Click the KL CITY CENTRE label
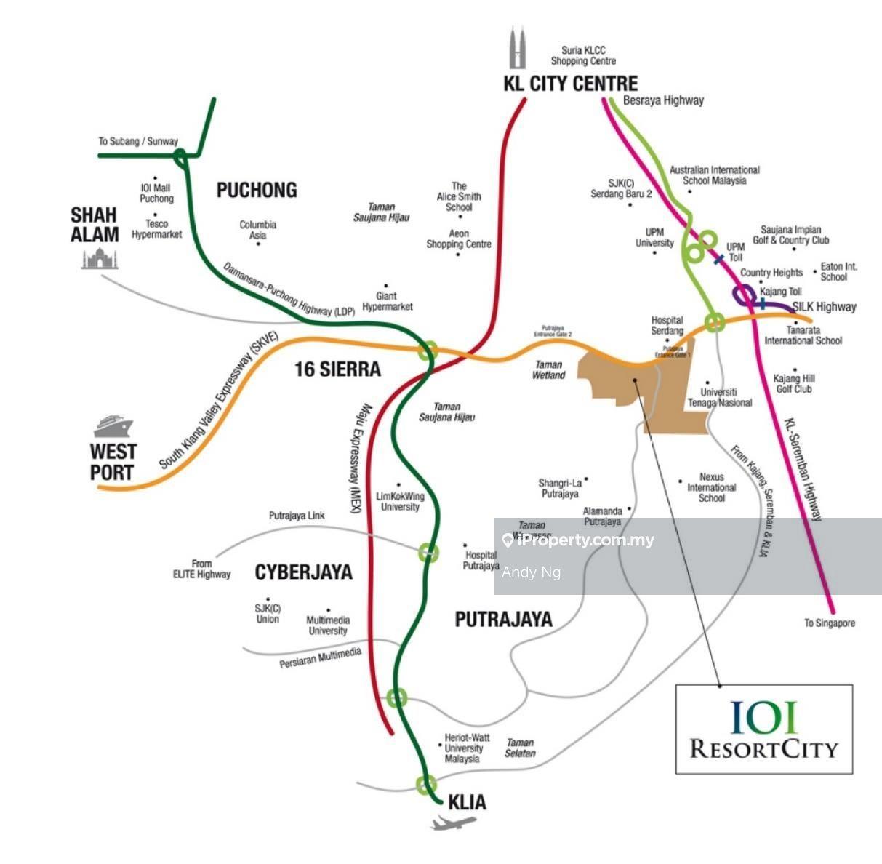pos(570,84)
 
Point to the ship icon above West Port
pos(113,425)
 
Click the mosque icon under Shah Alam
pos(100,258)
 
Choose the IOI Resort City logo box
pos(763,729)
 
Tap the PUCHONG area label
pos(257,191)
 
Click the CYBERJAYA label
pos(303,572)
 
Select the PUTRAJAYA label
pos(503,620)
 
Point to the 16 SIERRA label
pos(337,369)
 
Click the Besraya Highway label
pos(663,100)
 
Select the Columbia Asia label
pos(258,230)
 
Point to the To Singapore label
pos(830,623)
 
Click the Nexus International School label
pos(712,487)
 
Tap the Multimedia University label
pos(327,625)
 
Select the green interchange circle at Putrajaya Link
pos(428,552)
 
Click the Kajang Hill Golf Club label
pos(794,383)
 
